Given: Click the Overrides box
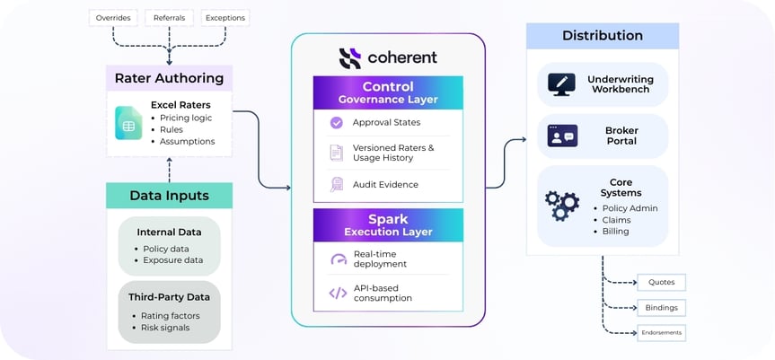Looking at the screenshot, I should (x=113, y=17).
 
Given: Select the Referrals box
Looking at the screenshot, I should (x=170, y=17).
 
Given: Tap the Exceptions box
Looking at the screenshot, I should (x=225, y=17).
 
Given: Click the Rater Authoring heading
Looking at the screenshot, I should (x=169, y=77).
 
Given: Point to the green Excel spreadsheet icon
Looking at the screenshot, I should (x=128, y=123).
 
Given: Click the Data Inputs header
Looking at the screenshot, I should (x=169, y=196).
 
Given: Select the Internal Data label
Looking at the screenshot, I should (x=169, y=232).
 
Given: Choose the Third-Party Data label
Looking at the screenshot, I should (x=169, y=297).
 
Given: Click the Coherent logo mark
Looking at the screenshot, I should (x=350, y=58).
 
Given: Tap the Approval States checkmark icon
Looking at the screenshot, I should (x=337, y=122).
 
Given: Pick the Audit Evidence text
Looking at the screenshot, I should (x=385, y=184).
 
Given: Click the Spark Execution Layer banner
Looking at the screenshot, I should (x=388, y=225).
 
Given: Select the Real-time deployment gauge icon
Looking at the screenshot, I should (x=338, y=259).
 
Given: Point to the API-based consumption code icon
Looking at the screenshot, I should (x=338, y=293).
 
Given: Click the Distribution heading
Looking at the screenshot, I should (x=602, y=36).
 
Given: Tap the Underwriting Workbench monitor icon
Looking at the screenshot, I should (x=561, y=84).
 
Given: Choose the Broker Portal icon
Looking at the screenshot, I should (x=562, y=136).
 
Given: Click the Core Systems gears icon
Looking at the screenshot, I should (x=562, y=206).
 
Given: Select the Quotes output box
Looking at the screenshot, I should (x=661, y=282).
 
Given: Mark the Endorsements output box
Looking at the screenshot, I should (x=661, y=332).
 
